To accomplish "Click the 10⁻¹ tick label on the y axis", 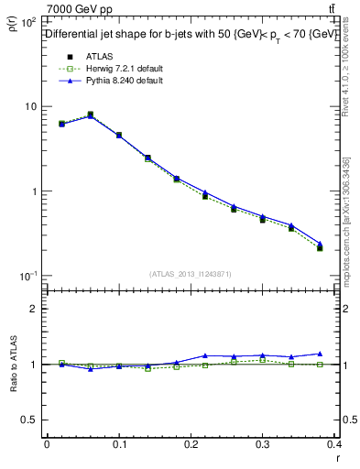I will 27,276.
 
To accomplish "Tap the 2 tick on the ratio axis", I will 35,309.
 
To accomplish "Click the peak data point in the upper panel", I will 90,115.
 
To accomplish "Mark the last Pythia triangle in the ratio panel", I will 320,354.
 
